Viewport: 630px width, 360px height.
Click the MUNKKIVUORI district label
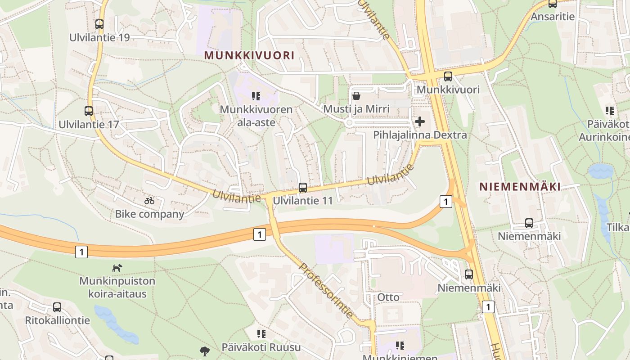249,55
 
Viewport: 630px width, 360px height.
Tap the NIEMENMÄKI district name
520,187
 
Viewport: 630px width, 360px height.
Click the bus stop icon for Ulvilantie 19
99,24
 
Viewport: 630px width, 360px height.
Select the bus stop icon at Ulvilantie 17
89,111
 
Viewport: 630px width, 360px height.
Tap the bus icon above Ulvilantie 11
303,188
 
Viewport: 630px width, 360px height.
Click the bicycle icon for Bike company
149,201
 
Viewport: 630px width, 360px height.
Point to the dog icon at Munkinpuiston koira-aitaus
117,268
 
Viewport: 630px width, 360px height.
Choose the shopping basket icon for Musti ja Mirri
356,96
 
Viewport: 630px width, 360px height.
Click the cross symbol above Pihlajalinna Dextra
420,121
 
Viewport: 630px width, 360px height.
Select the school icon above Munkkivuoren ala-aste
256,96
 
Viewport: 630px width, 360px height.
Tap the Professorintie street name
326,291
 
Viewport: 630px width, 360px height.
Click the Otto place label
388,297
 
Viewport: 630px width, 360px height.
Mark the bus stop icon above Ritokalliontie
57,307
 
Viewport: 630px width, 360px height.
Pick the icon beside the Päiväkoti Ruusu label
261,334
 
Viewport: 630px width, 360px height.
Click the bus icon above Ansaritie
553,4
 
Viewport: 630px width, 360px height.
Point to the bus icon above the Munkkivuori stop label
448,76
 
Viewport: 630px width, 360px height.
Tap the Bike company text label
149,214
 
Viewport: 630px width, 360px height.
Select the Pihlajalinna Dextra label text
420,135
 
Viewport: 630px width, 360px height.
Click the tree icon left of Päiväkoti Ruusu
205,351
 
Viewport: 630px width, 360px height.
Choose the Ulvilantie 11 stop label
303,201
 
